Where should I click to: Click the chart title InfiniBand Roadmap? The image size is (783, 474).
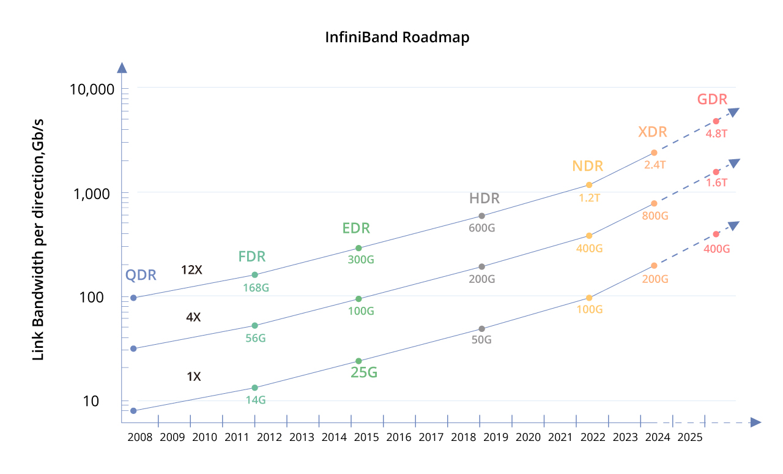tap(397, 37)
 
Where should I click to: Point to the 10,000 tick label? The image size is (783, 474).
tap(92, 89)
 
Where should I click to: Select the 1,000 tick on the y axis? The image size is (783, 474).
tap(97, 194)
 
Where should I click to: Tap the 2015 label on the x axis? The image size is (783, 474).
tap(366, 437)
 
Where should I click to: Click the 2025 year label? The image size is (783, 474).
tap(689, 437)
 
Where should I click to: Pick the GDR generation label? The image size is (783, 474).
tap(712, 100)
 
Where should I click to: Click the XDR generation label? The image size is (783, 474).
tap(652, 132)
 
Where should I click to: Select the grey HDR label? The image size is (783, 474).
tap(484, 198)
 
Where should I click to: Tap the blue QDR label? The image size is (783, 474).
tap(141, 275)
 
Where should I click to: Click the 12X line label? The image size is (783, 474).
tap(191, 269)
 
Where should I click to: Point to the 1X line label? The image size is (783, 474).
tap(193, 377)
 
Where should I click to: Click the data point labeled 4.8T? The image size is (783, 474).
tap(716, 121)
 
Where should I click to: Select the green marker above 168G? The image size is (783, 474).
tap(255, 275)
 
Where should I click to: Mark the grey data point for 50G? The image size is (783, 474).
tap(482, 329)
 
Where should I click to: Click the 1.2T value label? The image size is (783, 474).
tap(589, 198)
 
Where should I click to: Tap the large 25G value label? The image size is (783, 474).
tap(363, 372)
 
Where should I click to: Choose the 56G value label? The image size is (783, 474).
tap(256, 337)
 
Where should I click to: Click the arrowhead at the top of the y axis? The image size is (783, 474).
tap(122, 68)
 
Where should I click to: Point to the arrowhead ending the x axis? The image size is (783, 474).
tap(755, 422)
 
